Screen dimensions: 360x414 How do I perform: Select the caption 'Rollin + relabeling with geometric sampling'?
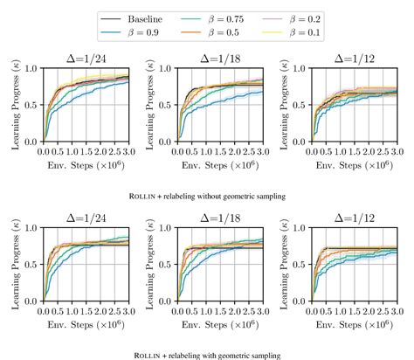[206, 355]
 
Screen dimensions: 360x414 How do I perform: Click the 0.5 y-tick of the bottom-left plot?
[33, 265]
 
